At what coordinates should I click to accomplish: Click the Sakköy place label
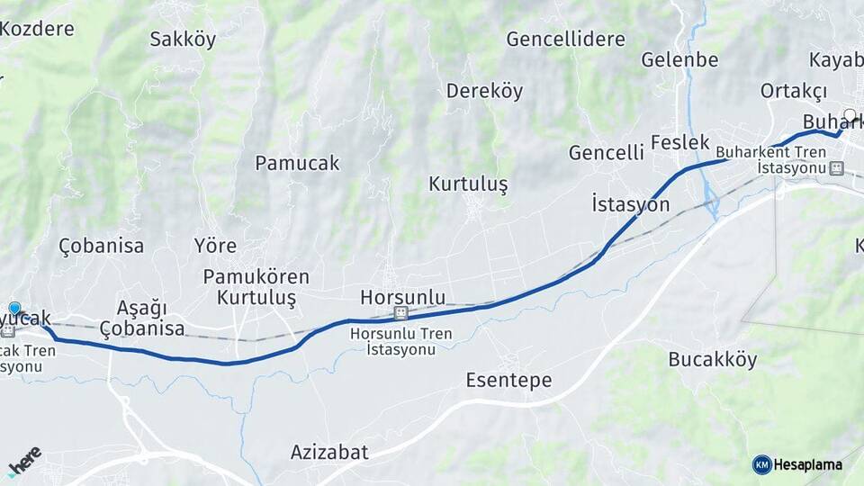183,39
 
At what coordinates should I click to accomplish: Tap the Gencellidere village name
565,39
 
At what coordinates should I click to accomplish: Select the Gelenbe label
679,60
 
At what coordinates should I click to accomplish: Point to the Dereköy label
484,91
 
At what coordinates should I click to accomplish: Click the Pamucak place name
297,163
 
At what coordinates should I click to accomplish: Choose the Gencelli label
606,153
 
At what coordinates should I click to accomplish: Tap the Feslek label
679,143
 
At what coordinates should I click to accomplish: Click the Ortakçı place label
793,91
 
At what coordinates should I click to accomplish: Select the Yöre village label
215,246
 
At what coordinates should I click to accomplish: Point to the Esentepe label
508,381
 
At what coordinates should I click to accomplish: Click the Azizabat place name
329,452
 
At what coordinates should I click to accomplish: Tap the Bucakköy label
712,360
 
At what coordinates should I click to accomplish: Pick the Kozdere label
37,28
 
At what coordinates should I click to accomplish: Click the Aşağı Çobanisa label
142,318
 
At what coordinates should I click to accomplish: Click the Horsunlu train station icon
400,313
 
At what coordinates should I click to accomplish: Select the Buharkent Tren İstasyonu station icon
836,168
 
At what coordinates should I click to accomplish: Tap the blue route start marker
13,309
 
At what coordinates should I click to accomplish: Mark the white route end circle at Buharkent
850,115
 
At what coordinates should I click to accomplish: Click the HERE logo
24,460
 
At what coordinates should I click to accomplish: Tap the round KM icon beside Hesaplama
761,464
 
